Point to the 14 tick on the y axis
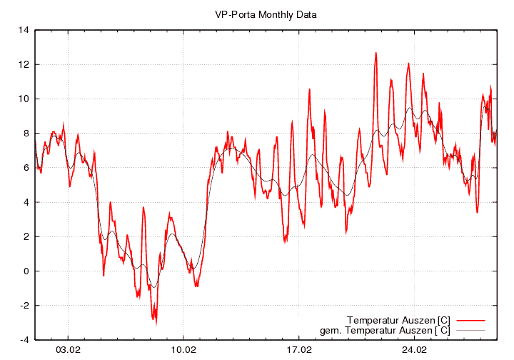point(24,30)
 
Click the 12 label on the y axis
point(24,64)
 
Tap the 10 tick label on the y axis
point(24,99)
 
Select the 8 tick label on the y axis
point(26,133)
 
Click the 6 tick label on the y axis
point(26,168)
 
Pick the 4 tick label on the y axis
point(26,202)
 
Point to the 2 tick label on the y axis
point(26,236)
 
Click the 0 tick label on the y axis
point(26,271)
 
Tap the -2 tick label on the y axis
point(24,306)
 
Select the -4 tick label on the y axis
point(24,340)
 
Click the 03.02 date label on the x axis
point(69,350)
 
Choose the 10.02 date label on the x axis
point(183,350)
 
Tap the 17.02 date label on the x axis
point(299,350)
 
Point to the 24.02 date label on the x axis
point(414,350)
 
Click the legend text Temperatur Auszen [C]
point(398,319)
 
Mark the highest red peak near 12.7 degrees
point(376,53)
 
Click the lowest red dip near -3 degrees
point(155,323)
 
